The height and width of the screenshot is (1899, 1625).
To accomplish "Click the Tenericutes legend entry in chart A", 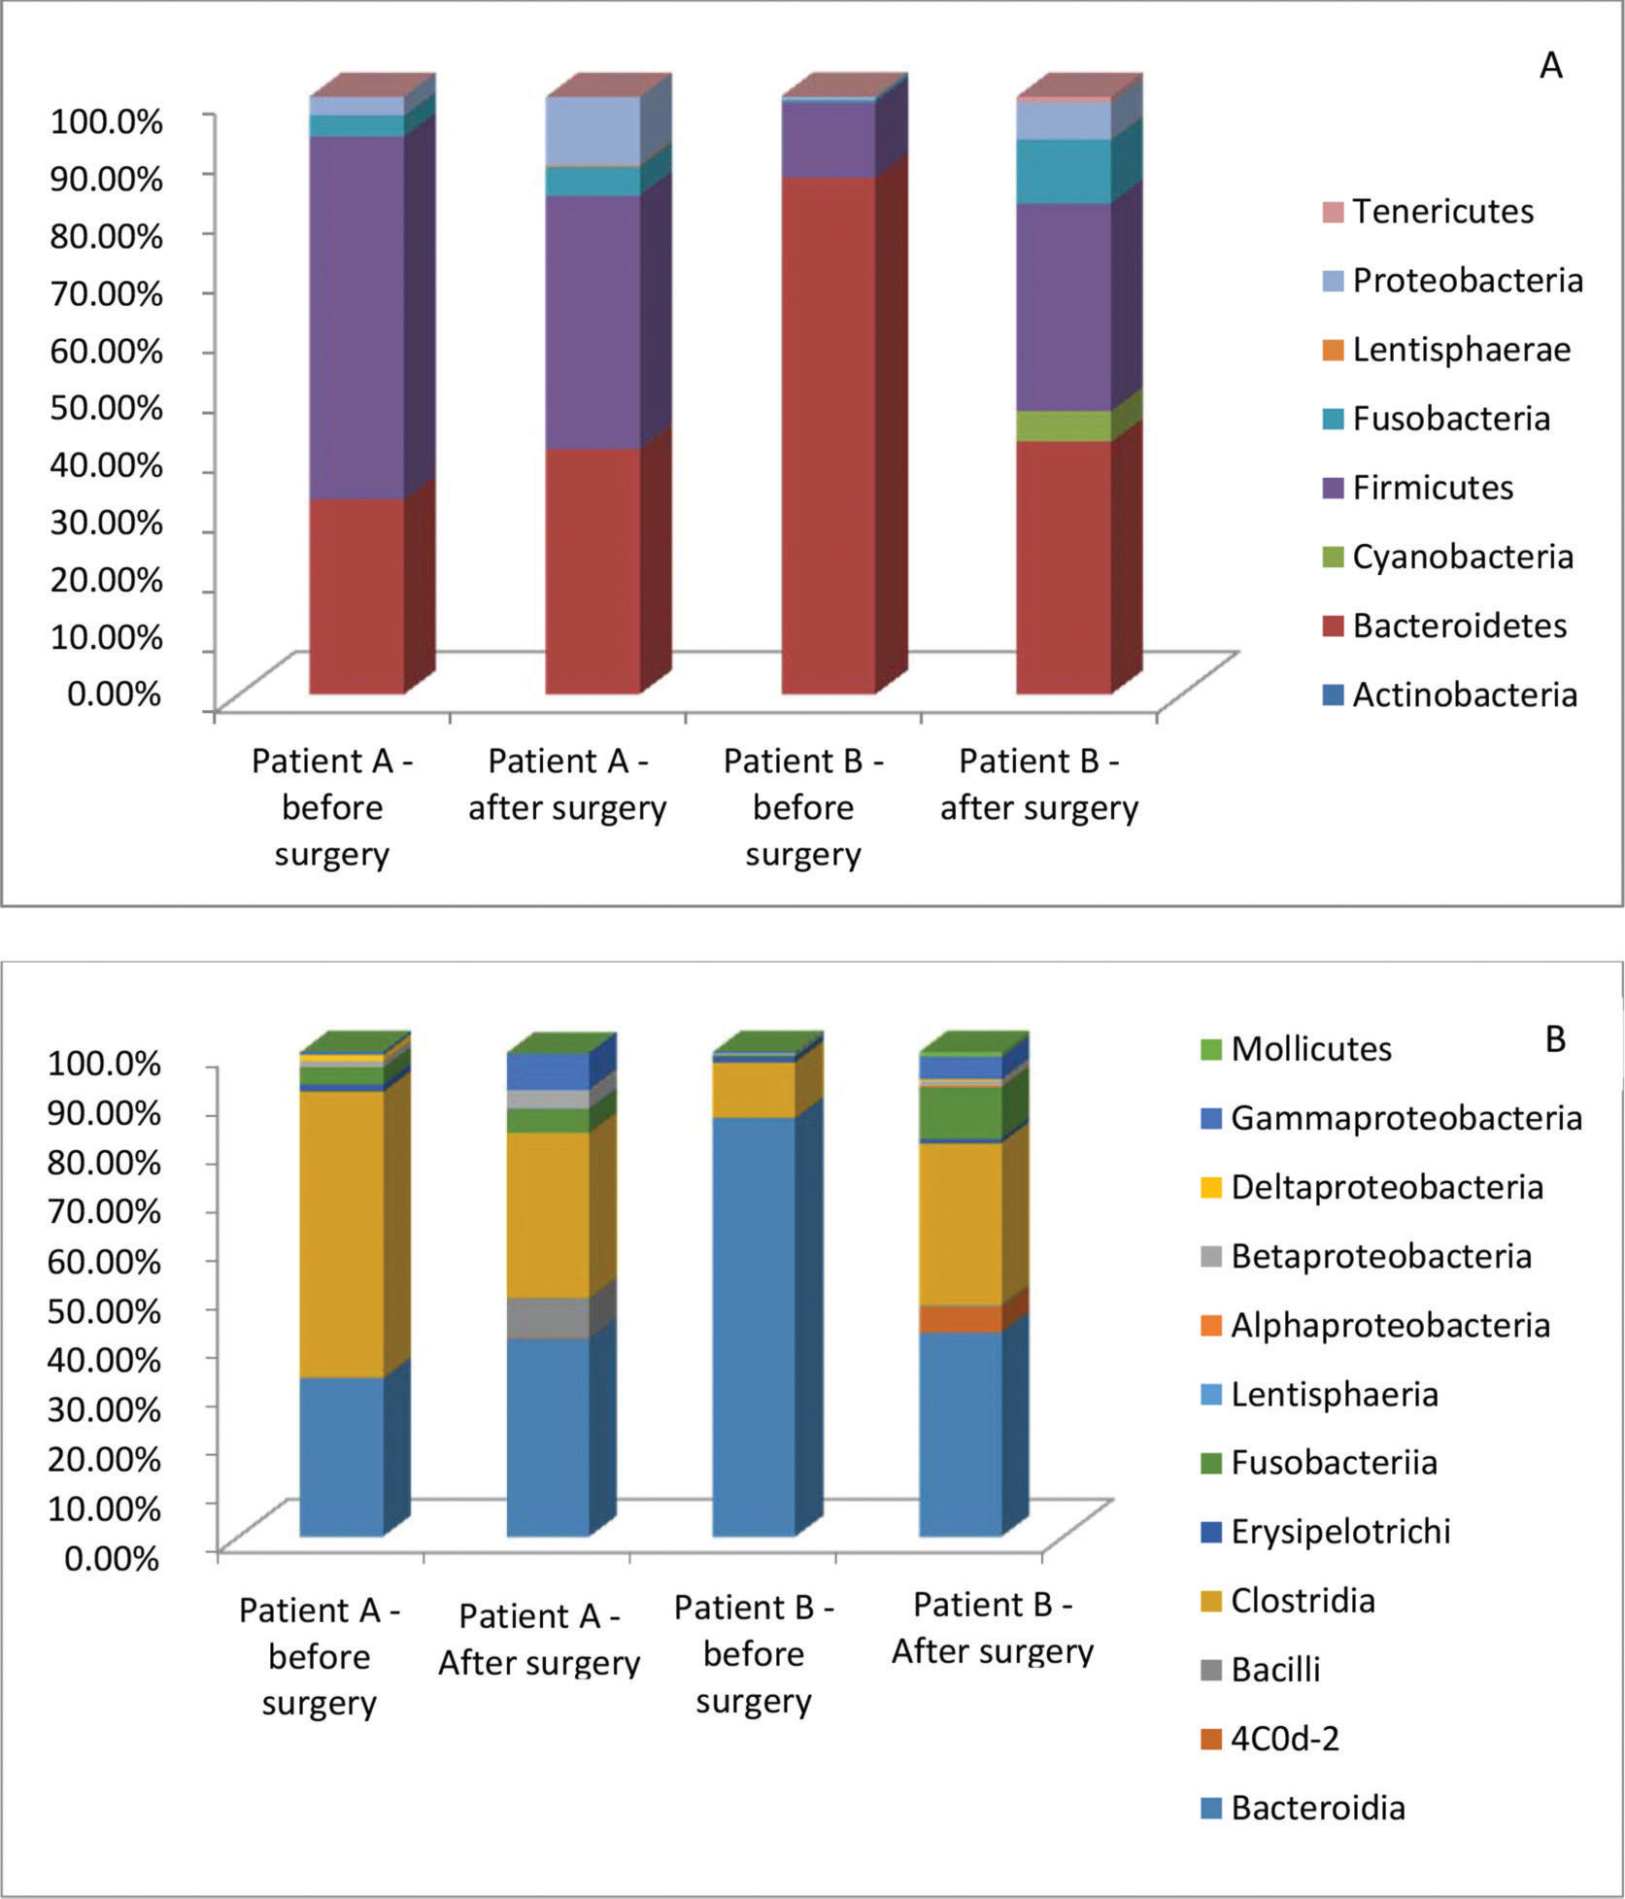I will [x=1442, y=212].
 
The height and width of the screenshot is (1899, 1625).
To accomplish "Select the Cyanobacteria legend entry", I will [x=1462, y=557].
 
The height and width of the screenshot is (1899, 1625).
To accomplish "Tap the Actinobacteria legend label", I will [x=1464, y=695].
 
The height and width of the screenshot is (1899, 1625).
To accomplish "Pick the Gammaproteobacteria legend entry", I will [x=1405, y=1118].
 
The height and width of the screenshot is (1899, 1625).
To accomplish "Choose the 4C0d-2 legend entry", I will [x=1284, y=1738].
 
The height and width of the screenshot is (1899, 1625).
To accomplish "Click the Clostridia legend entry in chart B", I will [x=1302, y=1600].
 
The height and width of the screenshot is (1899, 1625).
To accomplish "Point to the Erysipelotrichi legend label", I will [x=1339, y=1531].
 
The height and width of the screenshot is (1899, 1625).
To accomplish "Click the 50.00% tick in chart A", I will [x=107, y=407].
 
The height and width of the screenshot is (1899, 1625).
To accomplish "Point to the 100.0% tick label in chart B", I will [x=105, y=1063].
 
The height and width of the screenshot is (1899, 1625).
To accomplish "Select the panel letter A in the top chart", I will [x=1551, y=66].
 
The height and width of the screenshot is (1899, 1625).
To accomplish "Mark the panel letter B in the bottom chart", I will [x=1555, y=1039].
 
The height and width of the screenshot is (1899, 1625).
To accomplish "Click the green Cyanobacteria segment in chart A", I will [x=1064, y=425].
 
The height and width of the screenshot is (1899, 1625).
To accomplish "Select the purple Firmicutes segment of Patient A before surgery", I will [x=356, y=317].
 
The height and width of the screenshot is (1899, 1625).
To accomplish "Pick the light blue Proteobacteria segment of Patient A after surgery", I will [x=592, y=131].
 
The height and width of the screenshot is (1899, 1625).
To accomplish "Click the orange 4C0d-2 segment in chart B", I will [x=961, y=1319].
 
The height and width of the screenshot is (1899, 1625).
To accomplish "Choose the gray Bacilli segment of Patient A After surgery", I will [x=549, y=1318].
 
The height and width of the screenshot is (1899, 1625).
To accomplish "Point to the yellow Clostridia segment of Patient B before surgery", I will [x=754, y=1089].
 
